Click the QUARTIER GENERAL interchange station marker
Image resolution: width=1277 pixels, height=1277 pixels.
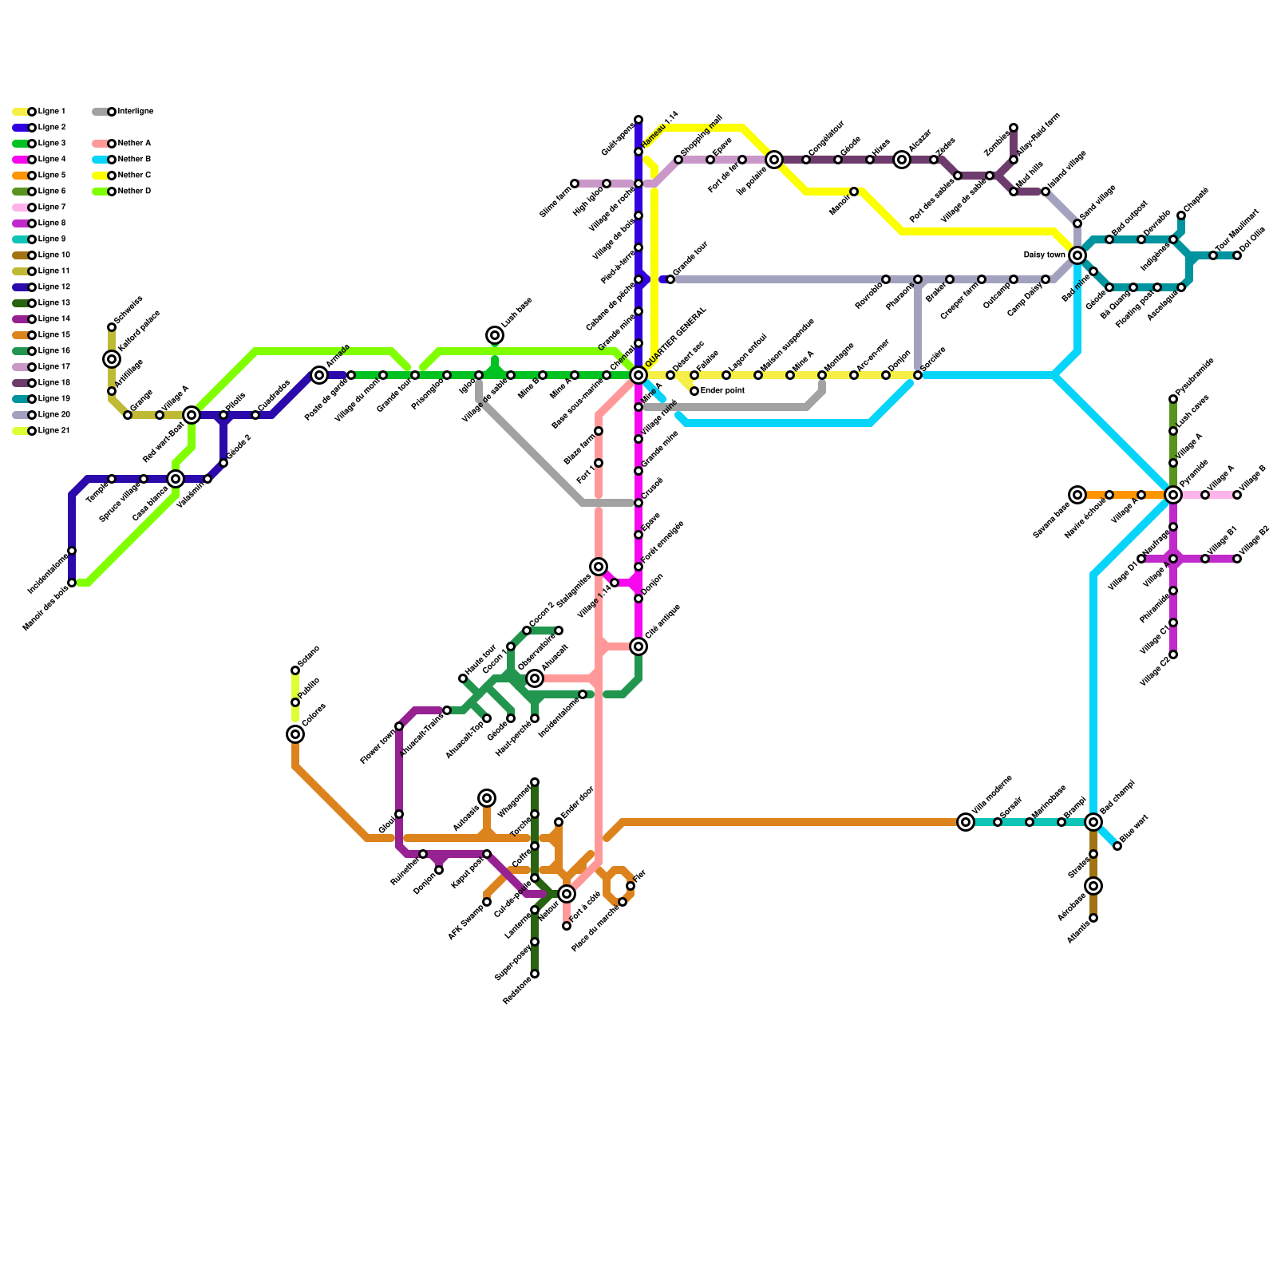[x=638, y=375]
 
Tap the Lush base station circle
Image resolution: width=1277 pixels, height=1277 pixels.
[x=495, y=335]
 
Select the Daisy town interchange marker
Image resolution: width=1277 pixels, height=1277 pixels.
[x=1077, y=255]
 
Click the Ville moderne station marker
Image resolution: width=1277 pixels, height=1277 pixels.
[x=966, y=822]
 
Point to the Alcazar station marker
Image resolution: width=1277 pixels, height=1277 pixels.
[x=902, y=160]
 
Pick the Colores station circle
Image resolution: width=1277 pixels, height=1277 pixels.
[x=295, y=734]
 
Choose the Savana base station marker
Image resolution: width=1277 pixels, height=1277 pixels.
[x=1077, y=495]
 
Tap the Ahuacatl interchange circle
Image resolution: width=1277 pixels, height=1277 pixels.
[x=535, y=678]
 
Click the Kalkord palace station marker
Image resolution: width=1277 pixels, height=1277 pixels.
[x=112, y=359]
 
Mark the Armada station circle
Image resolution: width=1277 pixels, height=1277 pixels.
[x=319, y=375]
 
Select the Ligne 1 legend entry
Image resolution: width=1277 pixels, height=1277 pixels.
[x=40, y=112]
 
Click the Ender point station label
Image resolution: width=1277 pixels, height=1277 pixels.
[x=722, y=391]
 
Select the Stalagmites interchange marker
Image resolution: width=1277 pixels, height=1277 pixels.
[x=599, y=567]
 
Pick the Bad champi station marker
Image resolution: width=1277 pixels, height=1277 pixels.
[x=1093, y=822]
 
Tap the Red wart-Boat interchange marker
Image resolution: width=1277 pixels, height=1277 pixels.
[x=192, y=415]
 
